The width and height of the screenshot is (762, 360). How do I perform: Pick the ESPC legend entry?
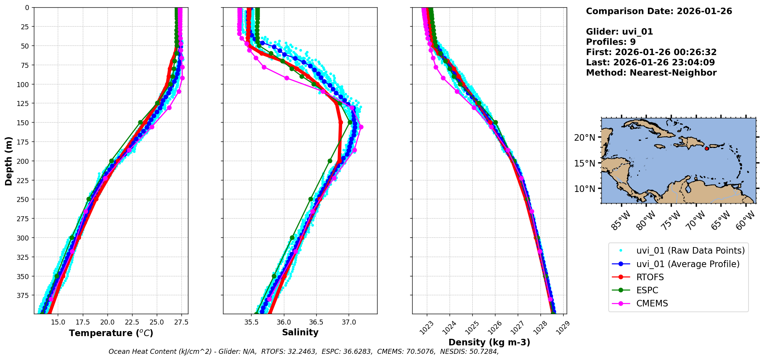pyautogui.click(x=647, y=290)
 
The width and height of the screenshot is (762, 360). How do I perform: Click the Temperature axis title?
pyautogui.click(x=111, y=333)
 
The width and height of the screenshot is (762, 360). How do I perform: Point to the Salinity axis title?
pyautogui.click(x=300, y=332)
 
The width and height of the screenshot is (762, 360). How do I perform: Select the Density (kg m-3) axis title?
pyautogui.click(x=489, y=342)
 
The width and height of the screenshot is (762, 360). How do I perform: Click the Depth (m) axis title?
pyautogui.click(x=9, y=161)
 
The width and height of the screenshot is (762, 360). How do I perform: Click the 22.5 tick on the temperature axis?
pyautogui.click(x=132, y=322)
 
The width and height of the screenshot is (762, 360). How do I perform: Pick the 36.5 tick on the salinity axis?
pyautogui.click(x=316, y=322)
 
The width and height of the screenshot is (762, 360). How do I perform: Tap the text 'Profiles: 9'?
pyautogui.click(x=611, y=42)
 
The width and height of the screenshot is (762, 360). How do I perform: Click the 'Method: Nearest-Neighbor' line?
pyautogui.click(x=651, y=73)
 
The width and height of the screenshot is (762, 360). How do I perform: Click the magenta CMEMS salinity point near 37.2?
pyautogui.click(x=361, y=127)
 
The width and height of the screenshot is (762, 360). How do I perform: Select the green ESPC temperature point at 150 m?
pyautogui.click(x=140, y=123)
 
